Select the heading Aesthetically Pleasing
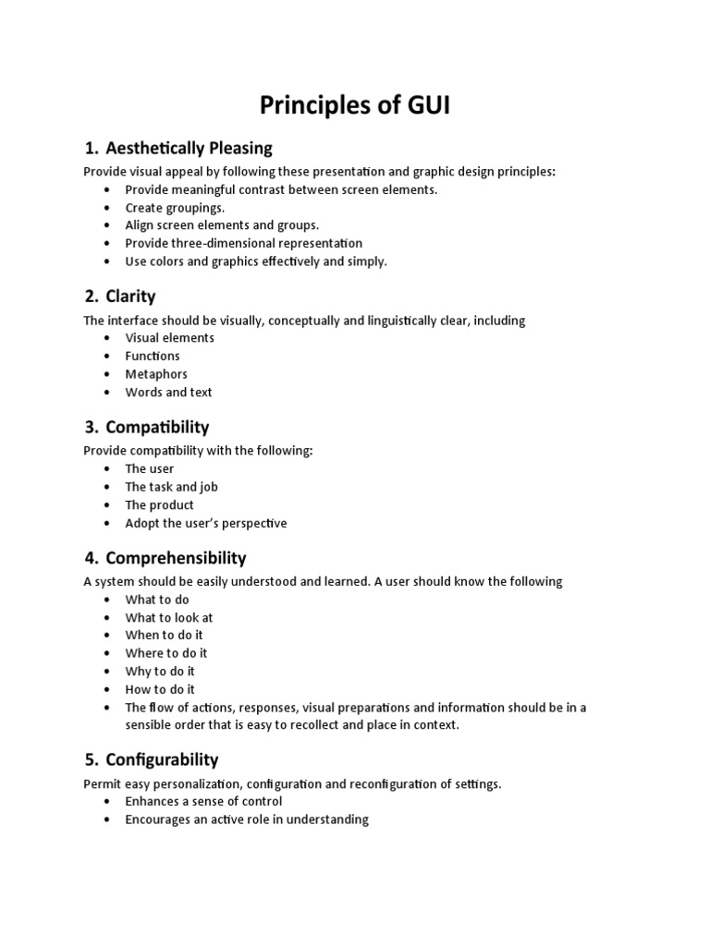189,148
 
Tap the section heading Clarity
130,297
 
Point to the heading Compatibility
157,427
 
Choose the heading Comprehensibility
176,558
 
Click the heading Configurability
162,759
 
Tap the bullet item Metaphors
156,374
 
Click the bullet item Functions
153,356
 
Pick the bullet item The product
159,505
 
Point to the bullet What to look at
169,617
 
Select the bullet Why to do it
160,672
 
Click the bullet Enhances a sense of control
203,801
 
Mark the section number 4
91,558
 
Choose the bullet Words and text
168,392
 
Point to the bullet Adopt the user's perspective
206,523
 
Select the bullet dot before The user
108,469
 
